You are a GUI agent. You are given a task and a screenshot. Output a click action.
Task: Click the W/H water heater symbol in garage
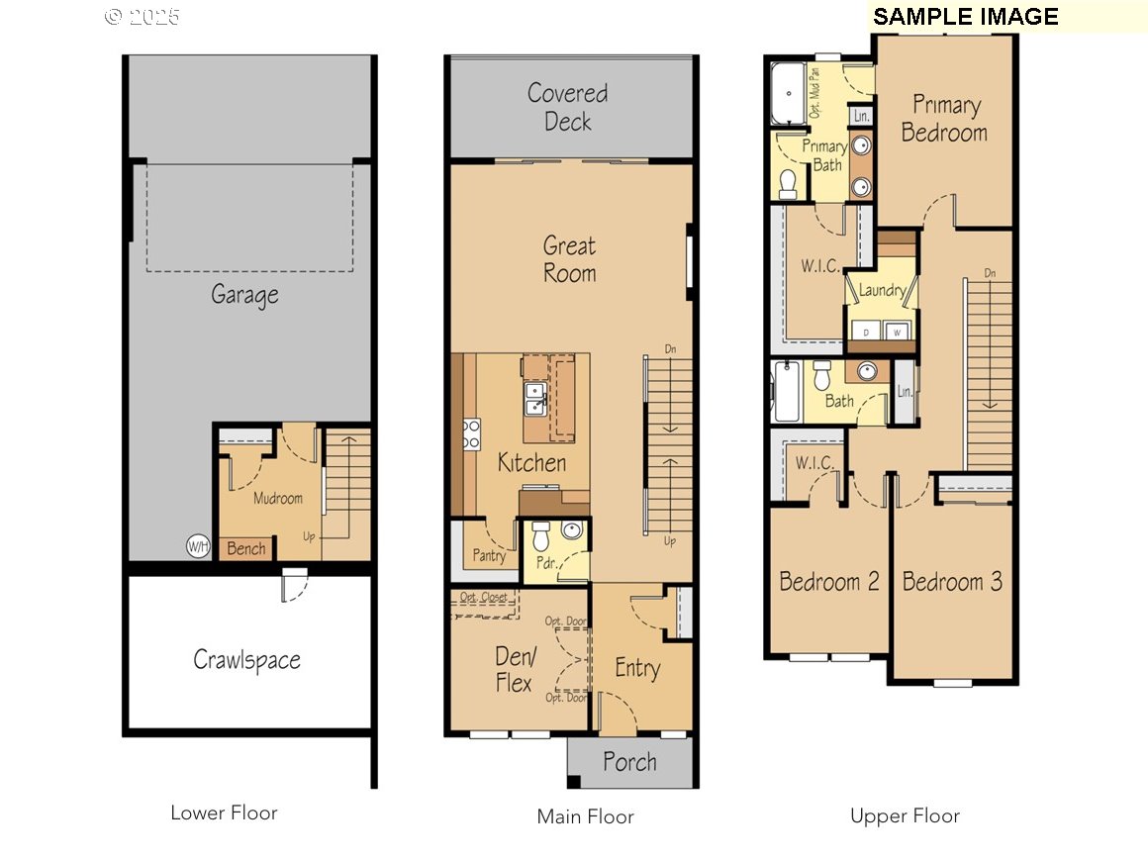(x=198, y=545)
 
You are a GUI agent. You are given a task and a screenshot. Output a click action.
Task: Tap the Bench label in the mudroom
(x=245, y=548)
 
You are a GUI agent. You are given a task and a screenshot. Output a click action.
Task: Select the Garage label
(x=244, y=295)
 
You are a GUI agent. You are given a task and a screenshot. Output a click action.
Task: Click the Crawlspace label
(x=246, y=660)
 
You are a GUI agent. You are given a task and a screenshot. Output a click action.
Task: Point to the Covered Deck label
(x=567, y=108)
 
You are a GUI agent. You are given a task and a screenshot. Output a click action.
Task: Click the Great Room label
(x=570, y=259)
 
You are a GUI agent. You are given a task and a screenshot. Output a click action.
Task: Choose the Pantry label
(x=489, y=555)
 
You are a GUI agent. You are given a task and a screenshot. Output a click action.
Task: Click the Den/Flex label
(x=514, y=669)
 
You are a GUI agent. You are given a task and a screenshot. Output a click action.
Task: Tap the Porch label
(x=629, y=762)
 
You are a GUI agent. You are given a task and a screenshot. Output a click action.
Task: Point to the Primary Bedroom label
(x=944, y=119)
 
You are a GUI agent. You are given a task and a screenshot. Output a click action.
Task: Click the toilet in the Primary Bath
(x=789, y=183)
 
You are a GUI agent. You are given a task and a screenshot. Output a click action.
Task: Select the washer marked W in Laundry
(x=897, y=333)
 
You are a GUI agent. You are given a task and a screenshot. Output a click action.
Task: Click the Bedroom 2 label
(x=829, y=581)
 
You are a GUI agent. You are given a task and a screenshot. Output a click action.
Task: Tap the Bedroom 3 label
(x=952, y=581)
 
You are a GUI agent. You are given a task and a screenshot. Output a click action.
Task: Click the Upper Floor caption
(x=905, y=816)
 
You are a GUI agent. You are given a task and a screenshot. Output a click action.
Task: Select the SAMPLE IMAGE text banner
(x=965, y=17)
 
